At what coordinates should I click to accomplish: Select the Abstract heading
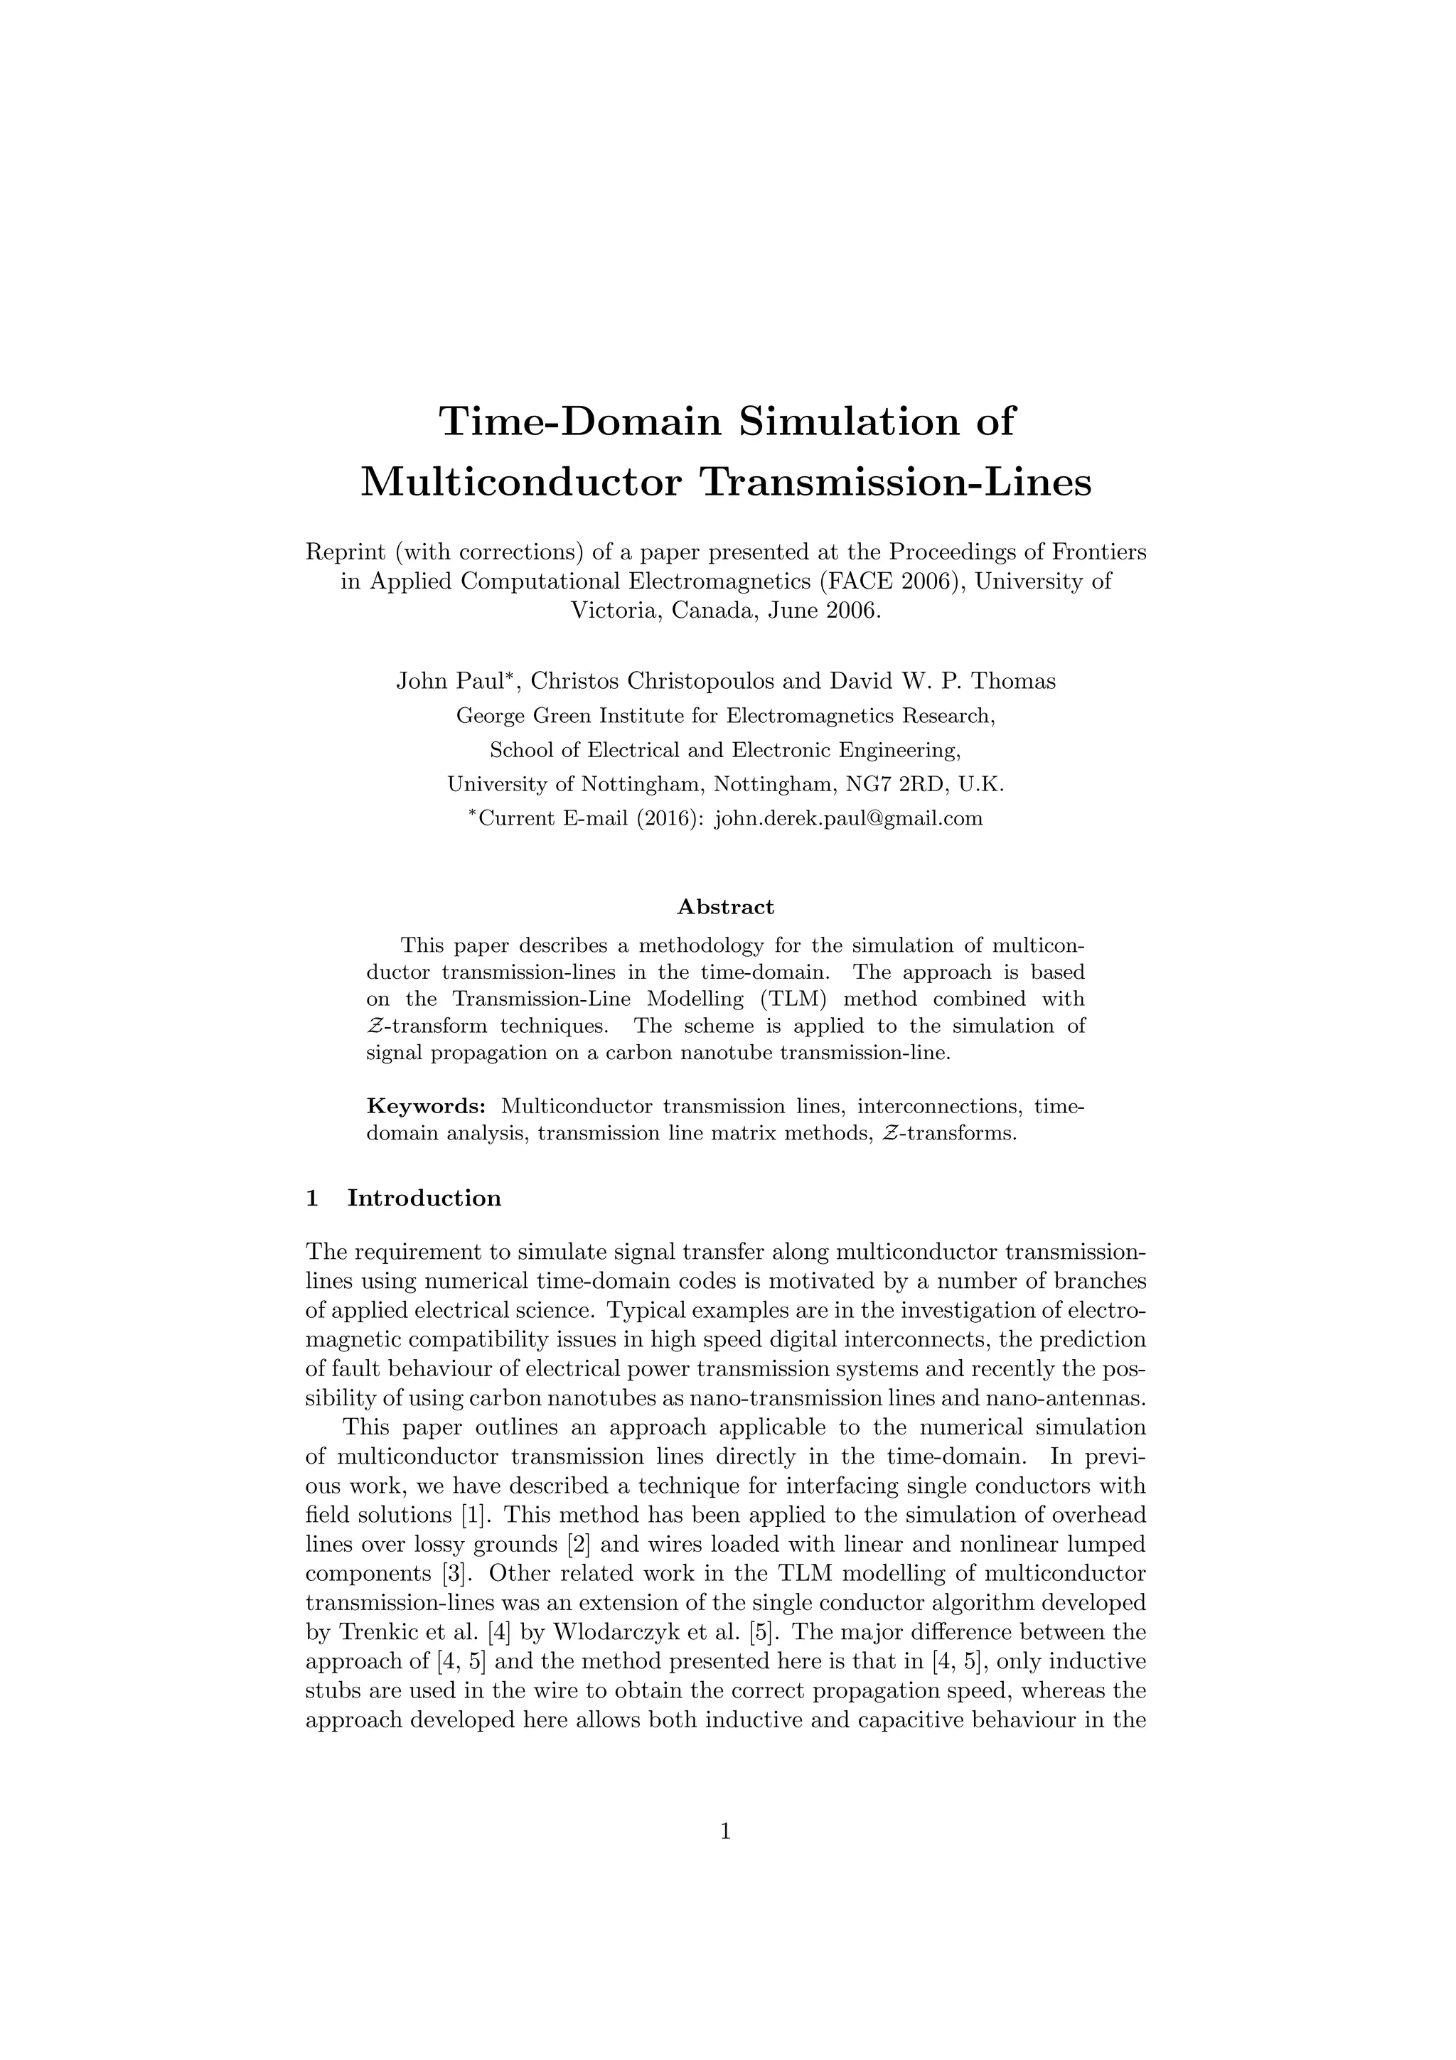(726, 907)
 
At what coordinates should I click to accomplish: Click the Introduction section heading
(424, 1198)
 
